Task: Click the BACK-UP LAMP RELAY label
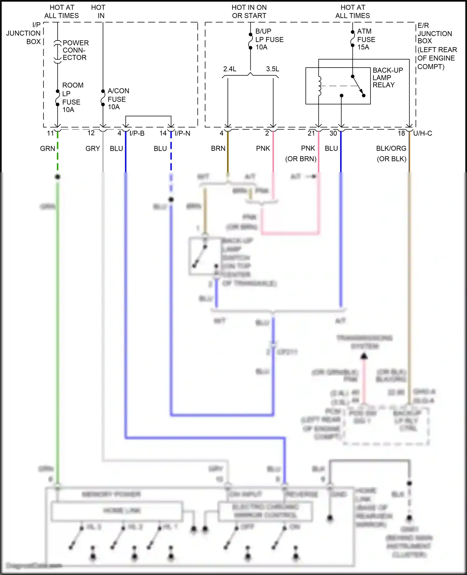[388, 78]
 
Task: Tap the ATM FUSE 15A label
[366, 39]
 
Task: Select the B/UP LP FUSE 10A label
[269, 39]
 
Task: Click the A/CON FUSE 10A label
[118, 99]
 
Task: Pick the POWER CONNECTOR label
[75, 50]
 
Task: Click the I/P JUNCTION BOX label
[24, 33]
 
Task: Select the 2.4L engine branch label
[229, 69]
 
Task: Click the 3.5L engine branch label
[272, 69]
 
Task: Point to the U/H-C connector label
[422, 133]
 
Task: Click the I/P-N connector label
[182, 133]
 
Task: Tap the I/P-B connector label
[137, 133]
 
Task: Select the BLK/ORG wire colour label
[391, 149]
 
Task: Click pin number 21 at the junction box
[311, 133]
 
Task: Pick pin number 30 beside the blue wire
[333, 133]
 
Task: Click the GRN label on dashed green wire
[47, 149]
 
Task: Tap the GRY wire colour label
[92, 149]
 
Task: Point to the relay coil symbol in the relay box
[319, 86]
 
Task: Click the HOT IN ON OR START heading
[249, 12]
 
